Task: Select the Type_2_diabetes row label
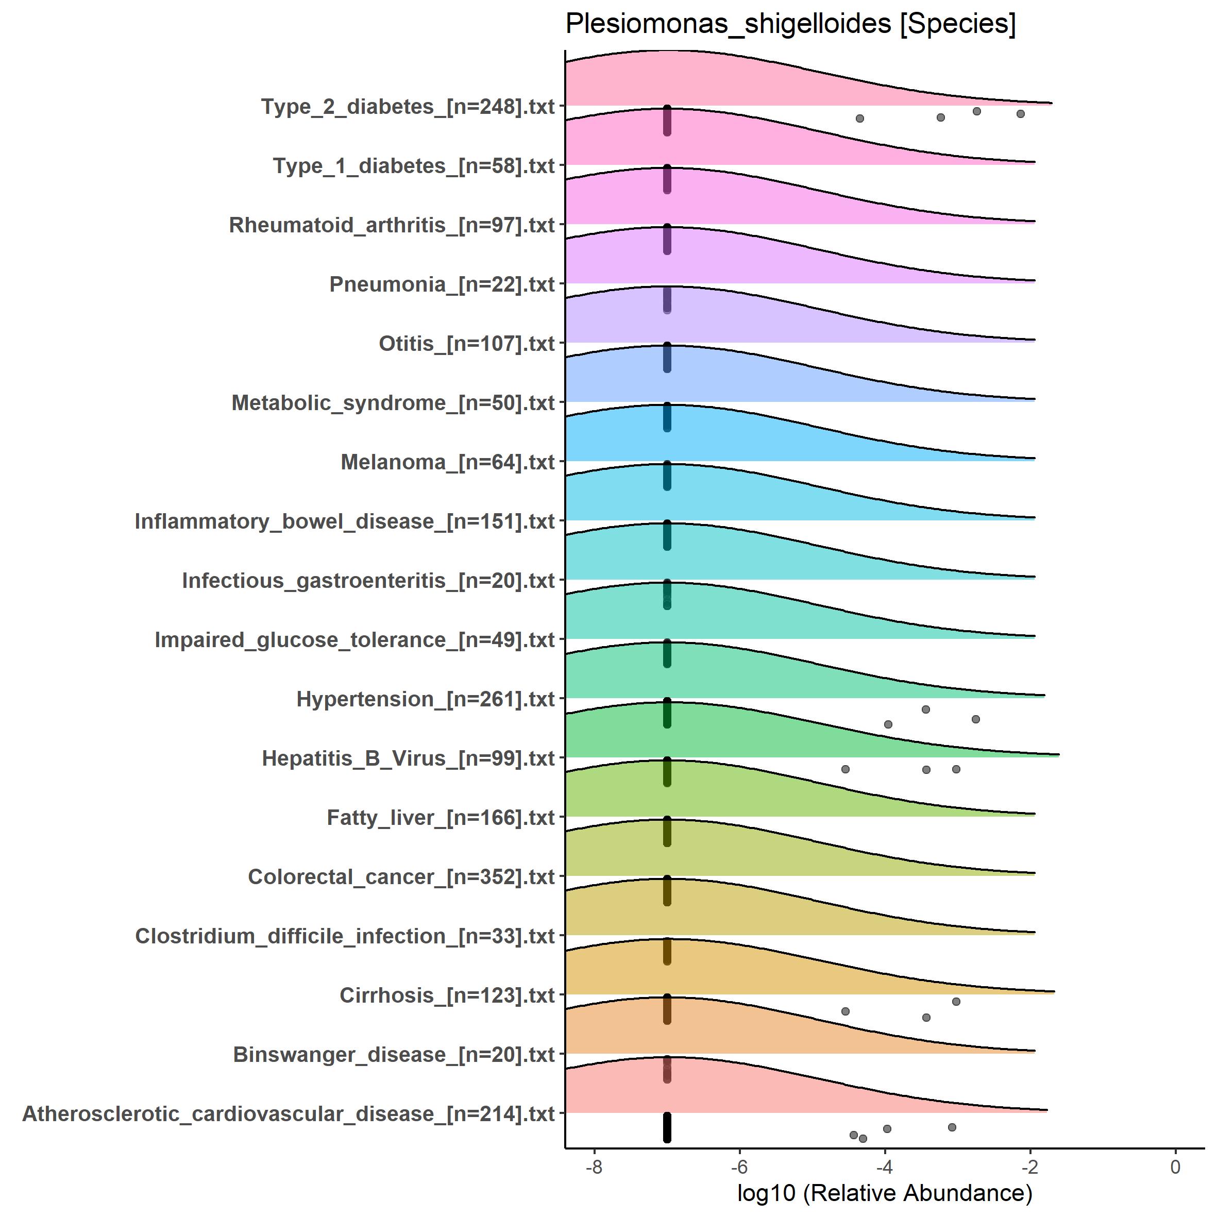click(408, 107)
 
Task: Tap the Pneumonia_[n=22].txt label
click(442, 285)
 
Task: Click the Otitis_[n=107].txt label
click(467, 344)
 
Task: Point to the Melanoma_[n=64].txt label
click(448, 462)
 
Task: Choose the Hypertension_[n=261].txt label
click(426, 699)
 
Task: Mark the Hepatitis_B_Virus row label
click(408, 758)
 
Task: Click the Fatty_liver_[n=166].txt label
click(441, 818)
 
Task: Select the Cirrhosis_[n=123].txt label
click(447, 995)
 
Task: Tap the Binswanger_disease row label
click(394, 1055)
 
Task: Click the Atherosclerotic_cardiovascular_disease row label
click(289, 1113)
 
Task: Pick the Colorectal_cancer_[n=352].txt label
click(401, 877)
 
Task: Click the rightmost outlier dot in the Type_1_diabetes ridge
click(1021, 114)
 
